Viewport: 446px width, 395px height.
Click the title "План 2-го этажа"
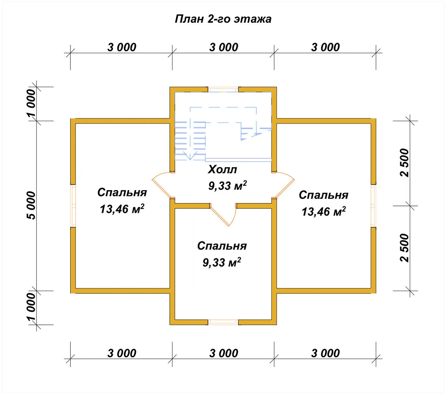point(223,19)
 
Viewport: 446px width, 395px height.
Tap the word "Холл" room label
point(222,170)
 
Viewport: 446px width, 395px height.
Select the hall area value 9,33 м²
point(228,186)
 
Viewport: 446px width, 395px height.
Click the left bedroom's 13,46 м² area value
point(122,209)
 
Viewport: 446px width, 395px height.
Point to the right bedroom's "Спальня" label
point(323,195)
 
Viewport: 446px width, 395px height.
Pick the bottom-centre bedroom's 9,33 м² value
point(222,262)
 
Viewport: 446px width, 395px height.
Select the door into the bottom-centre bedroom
point(223,215)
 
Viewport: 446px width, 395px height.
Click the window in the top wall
point(223,89)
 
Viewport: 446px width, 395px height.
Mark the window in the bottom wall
point(223,322)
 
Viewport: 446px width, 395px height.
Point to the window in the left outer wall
point(73,206)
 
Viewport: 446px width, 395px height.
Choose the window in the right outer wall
point(374,206)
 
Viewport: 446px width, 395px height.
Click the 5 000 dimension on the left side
point(31,206)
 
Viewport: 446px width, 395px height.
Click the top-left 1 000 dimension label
point(31,103)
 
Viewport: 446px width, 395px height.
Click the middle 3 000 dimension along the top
point(223,47)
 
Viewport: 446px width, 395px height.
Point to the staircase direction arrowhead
point(190,156)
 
